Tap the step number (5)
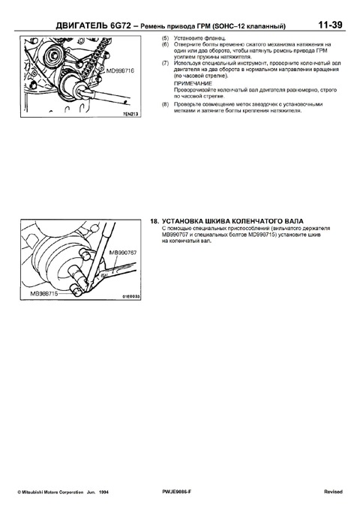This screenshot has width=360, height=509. click(x=165, y=37)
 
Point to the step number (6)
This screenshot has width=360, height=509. click(x=165, y=44)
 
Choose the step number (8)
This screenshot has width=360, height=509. click(x=165, y=103)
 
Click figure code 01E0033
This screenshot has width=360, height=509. click(x=131, y=297)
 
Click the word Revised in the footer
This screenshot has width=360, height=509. click(x=333, y=492)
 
